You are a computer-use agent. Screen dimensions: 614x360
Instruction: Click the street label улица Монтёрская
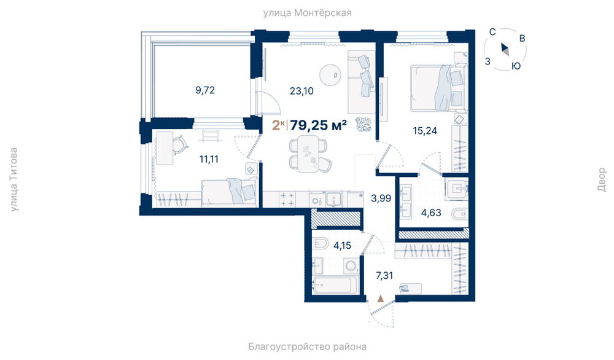[307, 13]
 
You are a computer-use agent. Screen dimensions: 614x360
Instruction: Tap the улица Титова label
[14, 179]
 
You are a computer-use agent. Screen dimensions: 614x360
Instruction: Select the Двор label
[602, 179]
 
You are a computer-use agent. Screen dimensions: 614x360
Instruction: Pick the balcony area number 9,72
[205, 90]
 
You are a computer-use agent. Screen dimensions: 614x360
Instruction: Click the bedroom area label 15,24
[425, 131]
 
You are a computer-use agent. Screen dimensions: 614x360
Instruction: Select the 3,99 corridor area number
[381, 198]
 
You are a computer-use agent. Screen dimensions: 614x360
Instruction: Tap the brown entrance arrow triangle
[380, 299]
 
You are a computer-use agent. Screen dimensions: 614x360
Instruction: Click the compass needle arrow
[505, 49]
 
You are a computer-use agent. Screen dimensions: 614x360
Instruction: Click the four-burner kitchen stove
[288, 199]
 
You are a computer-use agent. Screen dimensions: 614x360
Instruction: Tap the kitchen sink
[333, 199]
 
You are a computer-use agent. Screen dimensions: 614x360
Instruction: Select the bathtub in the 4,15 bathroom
[335, 285]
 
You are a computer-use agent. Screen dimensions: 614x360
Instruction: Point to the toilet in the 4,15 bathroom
[321, 244]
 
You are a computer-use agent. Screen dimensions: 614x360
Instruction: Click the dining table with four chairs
[309, 154]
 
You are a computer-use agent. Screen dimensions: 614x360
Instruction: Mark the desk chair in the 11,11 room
[180, 144]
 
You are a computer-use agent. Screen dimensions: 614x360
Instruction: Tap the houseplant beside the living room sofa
[363, 125]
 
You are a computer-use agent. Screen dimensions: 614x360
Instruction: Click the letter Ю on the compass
[516, 66]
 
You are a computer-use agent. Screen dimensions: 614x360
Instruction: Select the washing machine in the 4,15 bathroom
[351, 267]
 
